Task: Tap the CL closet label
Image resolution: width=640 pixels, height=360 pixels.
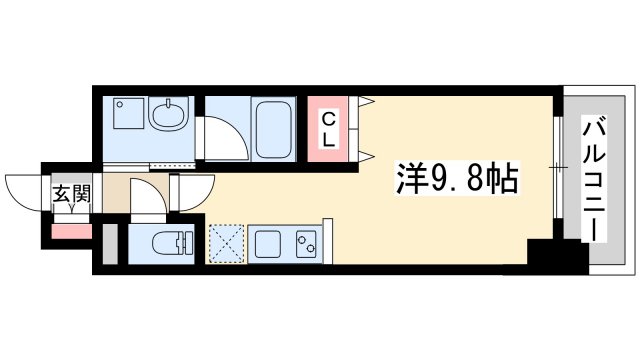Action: [327, 129]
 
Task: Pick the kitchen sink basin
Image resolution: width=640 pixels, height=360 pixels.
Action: [266, 243]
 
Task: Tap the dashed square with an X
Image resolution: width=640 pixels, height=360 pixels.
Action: [225, 243]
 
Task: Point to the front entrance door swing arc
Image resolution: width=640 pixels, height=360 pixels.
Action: [22, 191]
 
